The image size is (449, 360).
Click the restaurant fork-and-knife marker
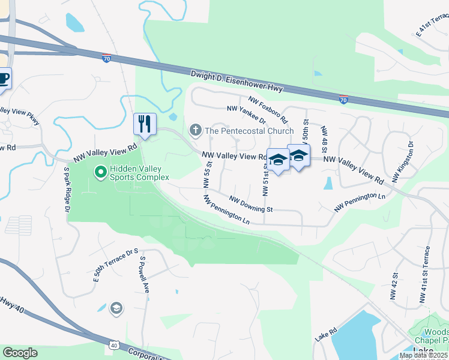(x=145, y=124)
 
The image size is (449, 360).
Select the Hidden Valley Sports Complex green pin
(x=100, y=173)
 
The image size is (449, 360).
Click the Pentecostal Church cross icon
(x=195, y=130)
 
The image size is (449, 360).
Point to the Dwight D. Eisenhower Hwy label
(x=237, y=82)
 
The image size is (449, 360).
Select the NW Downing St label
(x=252, y=205)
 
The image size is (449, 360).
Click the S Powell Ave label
(x=145, y=275)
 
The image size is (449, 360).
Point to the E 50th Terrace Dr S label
(x=116, y=265)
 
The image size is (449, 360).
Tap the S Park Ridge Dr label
(x=67, y=188)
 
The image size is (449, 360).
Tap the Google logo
(x=20, y=353)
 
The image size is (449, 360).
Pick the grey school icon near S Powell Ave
(x=116, y=309)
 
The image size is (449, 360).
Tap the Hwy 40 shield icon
(x=113, y=345)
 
